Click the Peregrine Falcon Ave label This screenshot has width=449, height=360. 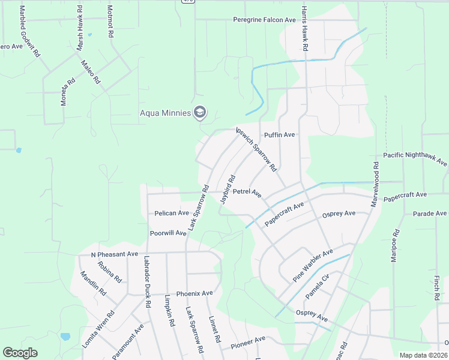(x=265, y=20)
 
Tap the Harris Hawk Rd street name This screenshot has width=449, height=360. (x=305, y=28)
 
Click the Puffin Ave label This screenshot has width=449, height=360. (x=280, y=135)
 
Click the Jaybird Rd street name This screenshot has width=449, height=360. (x=228, y=190)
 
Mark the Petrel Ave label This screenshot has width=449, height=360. (x=247, y=193)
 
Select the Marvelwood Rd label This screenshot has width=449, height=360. (x=375, y=185)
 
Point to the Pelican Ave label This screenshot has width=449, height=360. (x=171, y=213)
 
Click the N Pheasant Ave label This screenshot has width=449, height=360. (x=114, y=254)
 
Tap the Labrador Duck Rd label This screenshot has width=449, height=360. (x=146, y=282)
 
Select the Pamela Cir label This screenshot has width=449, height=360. (x=318, y=287)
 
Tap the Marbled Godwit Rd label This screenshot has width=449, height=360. (x=30, y=32)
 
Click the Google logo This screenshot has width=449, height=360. (x=20, y=353)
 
